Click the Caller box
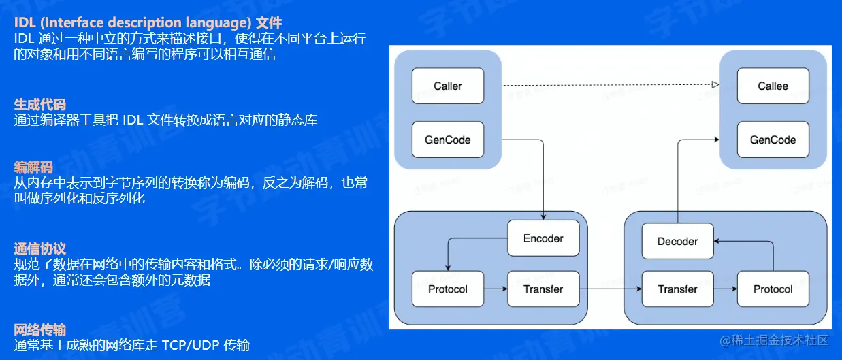pyautogui.click(x=447, y=86)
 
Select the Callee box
pyautogui.click(x=773, y=86)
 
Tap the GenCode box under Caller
pyautogui.click(x=447, y=140)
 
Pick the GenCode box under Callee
pyautogui.click(x=773, y=140)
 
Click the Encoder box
pyautogui.click(x=543, y=238)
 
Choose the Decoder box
pyautogui.click(x=677, y=242)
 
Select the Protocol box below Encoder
pyautogui.click(x=447, y=289)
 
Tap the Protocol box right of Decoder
pyautogui.click(x=773, y=289)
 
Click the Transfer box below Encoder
pyautogui.click(x=543, y=289)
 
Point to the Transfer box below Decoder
pyautogui.click(x=677, y=289)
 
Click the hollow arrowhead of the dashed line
pyautogui.click(x=715, y=86)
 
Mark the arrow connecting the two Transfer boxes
pyautogui.click(x=612, y=289)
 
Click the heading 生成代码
pyautogui.click(x=40, y=104)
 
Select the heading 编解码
pyautogui.click(x=33, y=167)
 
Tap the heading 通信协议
pyautogui.click(x=40, y=248)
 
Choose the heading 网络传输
pyautogui.click(x=40, y=330)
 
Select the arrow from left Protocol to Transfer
pyautogui.click(x=496, y=289)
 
